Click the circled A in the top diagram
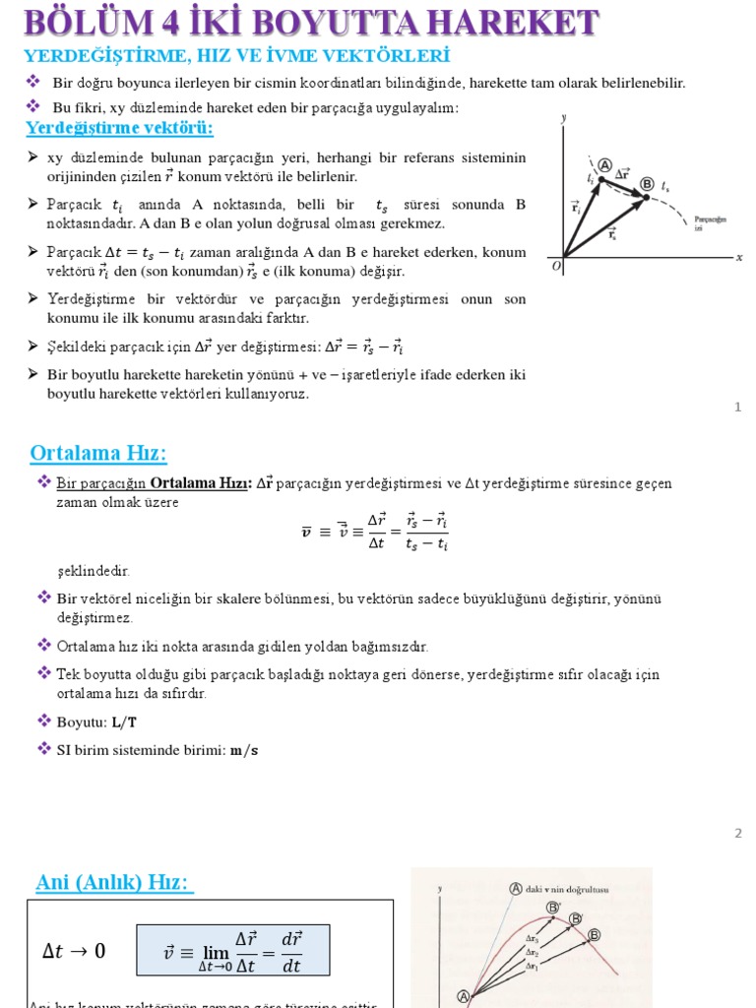coord(604,165)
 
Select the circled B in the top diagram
coord(647,183)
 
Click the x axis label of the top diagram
coord(738,257)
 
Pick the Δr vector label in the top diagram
coord(623,174)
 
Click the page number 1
coord(737,407)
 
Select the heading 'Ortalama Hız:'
coord(98,453)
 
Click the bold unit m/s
coord(243,750)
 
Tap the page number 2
coord(737,833)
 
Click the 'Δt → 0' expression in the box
coord(74,951)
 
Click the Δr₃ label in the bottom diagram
coord(532,939)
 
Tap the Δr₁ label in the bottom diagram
coord(532,966)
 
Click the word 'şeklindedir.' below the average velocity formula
coord(93,571)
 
